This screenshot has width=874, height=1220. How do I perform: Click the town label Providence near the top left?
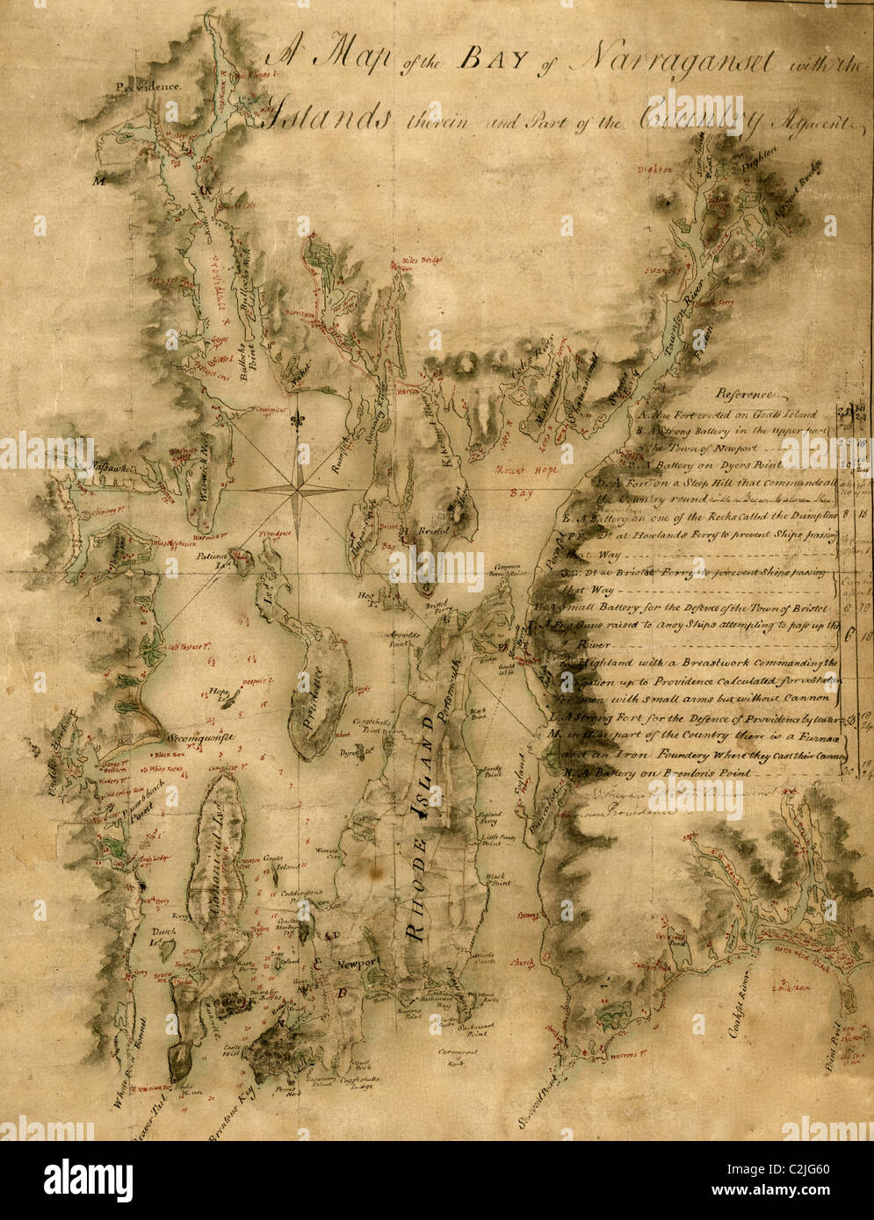pyautogui.click(x=148, y=87)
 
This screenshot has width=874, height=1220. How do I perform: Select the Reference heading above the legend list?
pyautogui.click(x=746, y=394)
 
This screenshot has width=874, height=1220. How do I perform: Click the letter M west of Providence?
pyautogui.click(x=99, y=183)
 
